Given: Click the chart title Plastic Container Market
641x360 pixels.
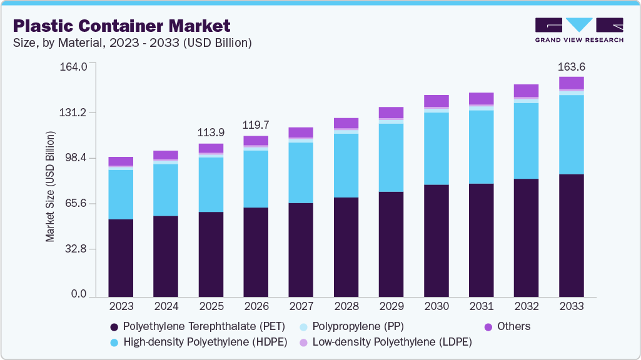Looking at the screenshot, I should pyautogui.click(x=122, y=26).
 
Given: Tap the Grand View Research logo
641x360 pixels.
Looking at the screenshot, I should pyautogui.click(x=578, y=30).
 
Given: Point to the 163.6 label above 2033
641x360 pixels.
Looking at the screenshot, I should pyautogui.click(x=571, y=67).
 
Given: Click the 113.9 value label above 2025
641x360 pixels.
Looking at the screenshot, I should pyautogui.click(x=211, y=132).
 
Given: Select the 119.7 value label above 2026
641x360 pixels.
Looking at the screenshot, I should pyautogui.click(x=256, y=125).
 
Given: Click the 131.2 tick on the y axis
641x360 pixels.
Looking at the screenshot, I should pyautogui.click(x=73, y=112).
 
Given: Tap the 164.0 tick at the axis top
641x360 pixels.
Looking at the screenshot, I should pyautogui.click(x=73, y=67).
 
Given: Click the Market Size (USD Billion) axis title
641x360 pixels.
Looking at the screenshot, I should pyautogui.click(x=50, y=187).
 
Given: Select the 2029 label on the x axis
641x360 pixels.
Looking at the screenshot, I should pyautogui.click(x=391, y=306).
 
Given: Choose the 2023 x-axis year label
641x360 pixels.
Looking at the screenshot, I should pyautogui.click(x=121, y=306).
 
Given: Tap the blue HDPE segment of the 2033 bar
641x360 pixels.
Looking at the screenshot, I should pyautogui.click(x=571, y=134).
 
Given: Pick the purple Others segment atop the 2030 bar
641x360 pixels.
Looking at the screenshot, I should pyautogui.click(x=436, y=101).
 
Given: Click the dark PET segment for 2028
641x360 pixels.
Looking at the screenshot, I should pyautogui.click(x=346, y=247).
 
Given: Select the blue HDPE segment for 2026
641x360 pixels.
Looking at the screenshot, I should pyautogui.click(x=256, y=179).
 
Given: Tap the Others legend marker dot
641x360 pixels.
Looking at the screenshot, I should pyautogui.click(x=488, y=327).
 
